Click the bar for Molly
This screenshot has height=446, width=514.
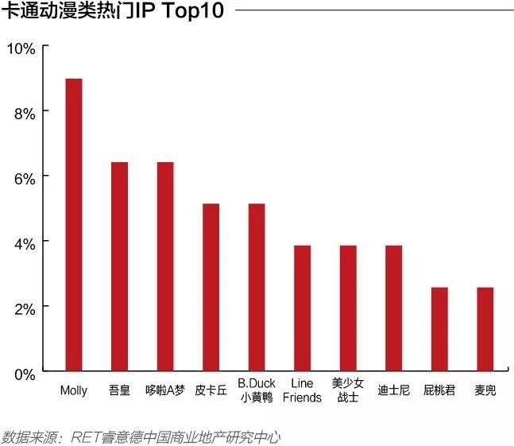[74, 225]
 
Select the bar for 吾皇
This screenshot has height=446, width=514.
[119, 266]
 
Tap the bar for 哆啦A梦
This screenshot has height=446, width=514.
[165, 266]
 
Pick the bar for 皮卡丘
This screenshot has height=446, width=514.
[211, 287]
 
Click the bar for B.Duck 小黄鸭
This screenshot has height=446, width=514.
[257, 287]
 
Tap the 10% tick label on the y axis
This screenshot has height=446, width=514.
[21, 49]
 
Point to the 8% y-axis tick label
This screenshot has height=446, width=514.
[24, 113]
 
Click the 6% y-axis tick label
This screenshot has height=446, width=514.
[24, 178]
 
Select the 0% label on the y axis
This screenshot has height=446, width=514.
[24, 373]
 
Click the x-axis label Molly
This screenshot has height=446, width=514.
[74, 390]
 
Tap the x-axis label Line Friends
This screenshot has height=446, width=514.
[303, 390]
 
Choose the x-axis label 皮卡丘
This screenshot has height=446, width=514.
[211, 390]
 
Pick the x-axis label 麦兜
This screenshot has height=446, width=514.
[485, 390]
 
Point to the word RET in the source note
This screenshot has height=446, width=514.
[85, 437]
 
